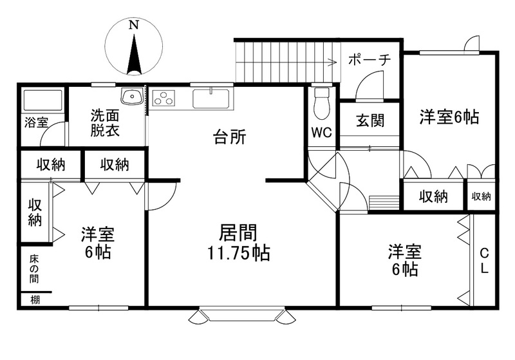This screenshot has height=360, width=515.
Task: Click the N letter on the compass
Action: point(133,24)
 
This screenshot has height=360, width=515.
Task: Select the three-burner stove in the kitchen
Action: point(163,97)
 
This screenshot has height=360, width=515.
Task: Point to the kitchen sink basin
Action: point(211,98)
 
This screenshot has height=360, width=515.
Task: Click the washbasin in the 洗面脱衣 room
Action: point(133,96)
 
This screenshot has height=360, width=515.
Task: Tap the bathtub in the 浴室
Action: point(42,100)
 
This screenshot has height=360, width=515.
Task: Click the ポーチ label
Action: point(369,60)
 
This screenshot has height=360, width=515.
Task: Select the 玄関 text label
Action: point(370,120)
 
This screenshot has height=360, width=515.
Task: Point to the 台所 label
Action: point(230,137)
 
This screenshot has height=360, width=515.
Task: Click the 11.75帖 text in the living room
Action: point(239,253)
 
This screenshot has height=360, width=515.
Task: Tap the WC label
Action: point(321,133)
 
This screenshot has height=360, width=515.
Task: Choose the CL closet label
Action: point(485,261)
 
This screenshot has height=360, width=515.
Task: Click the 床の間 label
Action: point(35,269)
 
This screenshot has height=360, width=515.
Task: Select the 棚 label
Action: point(35,299)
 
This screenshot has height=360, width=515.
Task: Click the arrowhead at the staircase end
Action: point(333,62)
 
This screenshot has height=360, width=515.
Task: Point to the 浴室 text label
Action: point(37,122)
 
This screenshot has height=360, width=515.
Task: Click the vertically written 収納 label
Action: point(35,213)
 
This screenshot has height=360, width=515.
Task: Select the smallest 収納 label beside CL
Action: point(481,196)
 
